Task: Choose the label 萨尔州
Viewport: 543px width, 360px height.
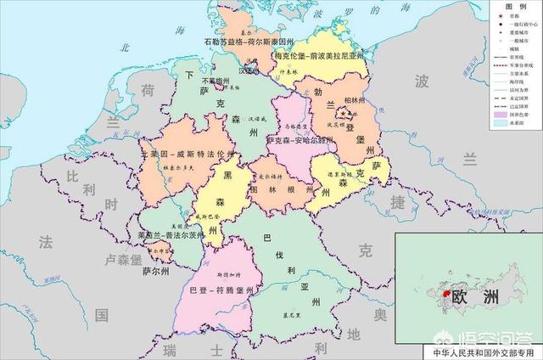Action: coord(155,272)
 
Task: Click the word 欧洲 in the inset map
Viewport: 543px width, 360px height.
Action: coord(476,299)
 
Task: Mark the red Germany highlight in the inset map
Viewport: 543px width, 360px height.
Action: coord(441,293)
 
